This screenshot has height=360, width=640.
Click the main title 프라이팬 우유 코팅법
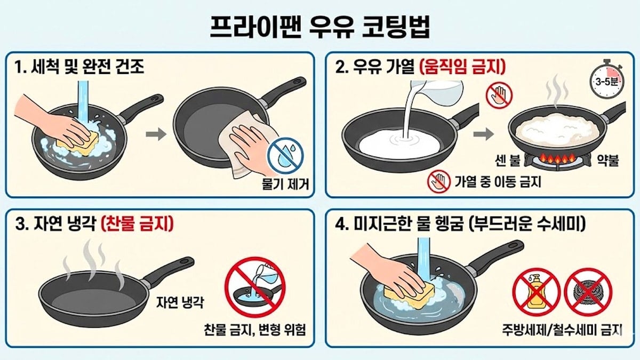[320, 27]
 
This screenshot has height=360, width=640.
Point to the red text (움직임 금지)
[462, 67]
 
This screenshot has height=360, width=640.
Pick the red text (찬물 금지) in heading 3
[138, 225]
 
